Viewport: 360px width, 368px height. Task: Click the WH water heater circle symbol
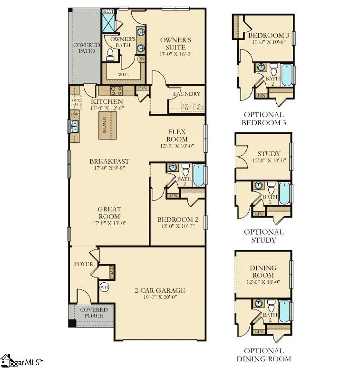(104, 287)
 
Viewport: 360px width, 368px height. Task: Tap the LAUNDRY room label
(186, 94)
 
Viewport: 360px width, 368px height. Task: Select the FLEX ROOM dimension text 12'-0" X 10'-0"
(176, 147)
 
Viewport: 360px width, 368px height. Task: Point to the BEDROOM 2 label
(177, 219)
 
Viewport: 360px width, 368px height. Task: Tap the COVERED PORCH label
(93, 313)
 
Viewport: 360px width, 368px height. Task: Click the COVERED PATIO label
(86, 48)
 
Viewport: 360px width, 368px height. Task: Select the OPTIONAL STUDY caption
(263, 236)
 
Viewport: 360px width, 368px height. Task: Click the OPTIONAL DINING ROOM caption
(263, 355)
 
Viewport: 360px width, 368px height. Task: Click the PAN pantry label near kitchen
(142, 88)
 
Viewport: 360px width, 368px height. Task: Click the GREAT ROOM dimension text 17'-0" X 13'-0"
(109, 223)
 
